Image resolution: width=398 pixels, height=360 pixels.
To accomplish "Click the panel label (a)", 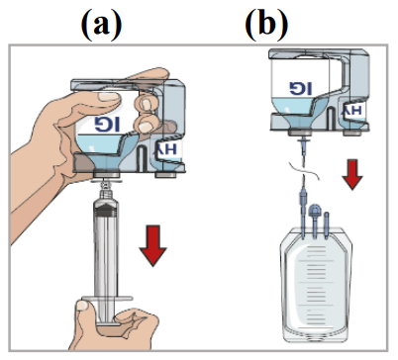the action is (101, 26).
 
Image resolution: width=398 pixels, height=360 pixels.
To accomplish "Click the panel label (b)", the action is (266, 26).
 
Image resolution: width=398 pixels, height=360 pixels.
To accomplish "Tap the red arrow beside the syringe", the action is (153, 245).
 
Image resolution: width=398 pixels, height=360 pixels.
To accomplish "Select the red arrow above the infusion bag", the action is (352, 174).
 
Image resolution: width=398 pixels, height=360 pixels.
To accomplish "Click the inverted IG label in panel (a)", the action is (107, 125).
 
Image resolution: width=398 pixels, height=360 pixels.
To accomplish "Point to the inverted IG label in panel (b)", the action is (301, 89).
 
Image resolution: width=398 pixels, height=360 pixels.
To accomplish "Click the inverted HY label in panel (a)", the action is (165, 149).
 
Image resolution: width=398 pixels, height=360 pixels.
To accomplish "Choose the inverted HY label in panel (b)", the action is (352, 112).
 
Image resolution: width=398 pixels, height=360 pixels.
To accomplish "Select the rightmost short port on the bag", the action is (327, 225).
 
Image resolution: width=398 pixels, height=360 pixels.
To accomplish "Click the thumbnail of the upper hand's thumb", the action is (108, 97).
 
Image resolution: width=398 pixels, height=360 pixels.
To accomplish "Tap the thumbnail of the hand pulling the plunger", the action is (82, 307).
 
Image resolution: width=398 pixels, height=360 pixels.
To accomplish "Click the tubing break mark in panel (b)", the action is (304, 170).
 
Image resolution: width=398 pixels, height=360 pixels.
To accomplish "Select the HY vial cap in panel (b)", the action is (352, 133).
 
